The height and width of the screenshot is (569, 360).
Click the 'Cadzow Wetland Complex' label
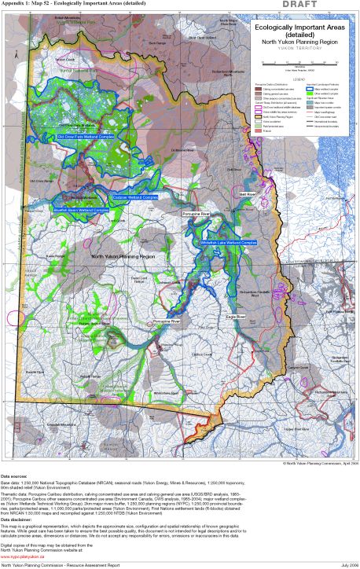point(135,197)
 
